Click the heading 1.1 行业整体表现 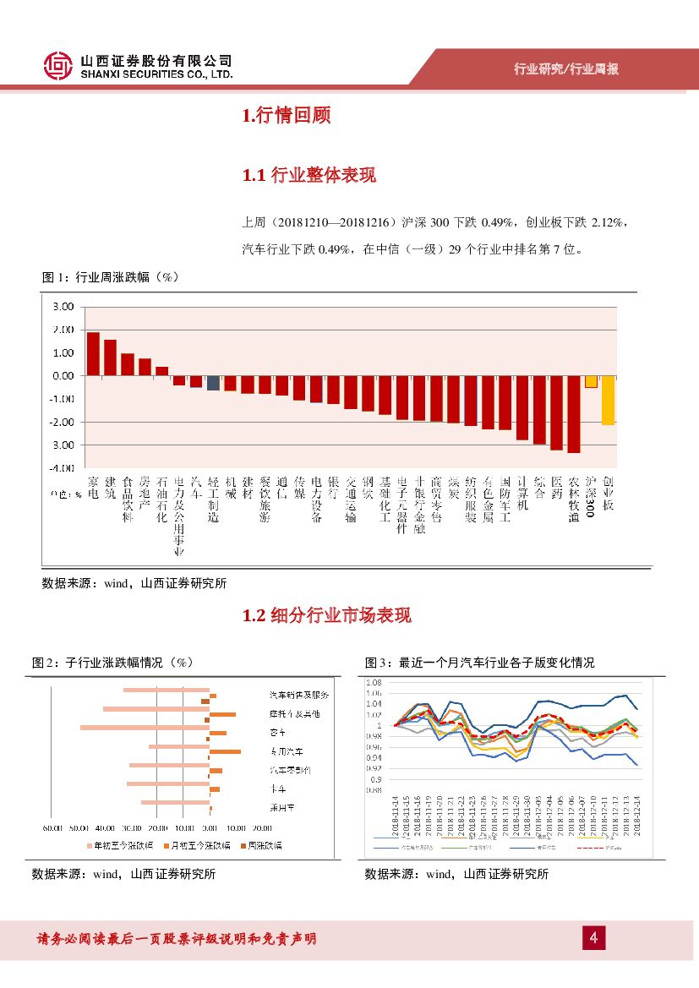point(309,176)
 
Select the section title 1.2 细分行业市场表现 point(326,615)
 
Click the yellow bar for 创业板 point(608,400)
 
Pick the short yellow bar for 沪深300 point(591,381)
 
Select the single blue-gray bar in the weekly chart point(213,383)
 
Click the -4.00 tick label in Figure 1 point(63,467)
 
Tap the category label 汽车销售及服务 point(298,695)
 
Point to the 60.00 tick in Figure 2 point(53,828)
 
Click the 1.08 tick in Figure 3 point(374,682)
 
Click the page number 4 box point(593,938)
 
